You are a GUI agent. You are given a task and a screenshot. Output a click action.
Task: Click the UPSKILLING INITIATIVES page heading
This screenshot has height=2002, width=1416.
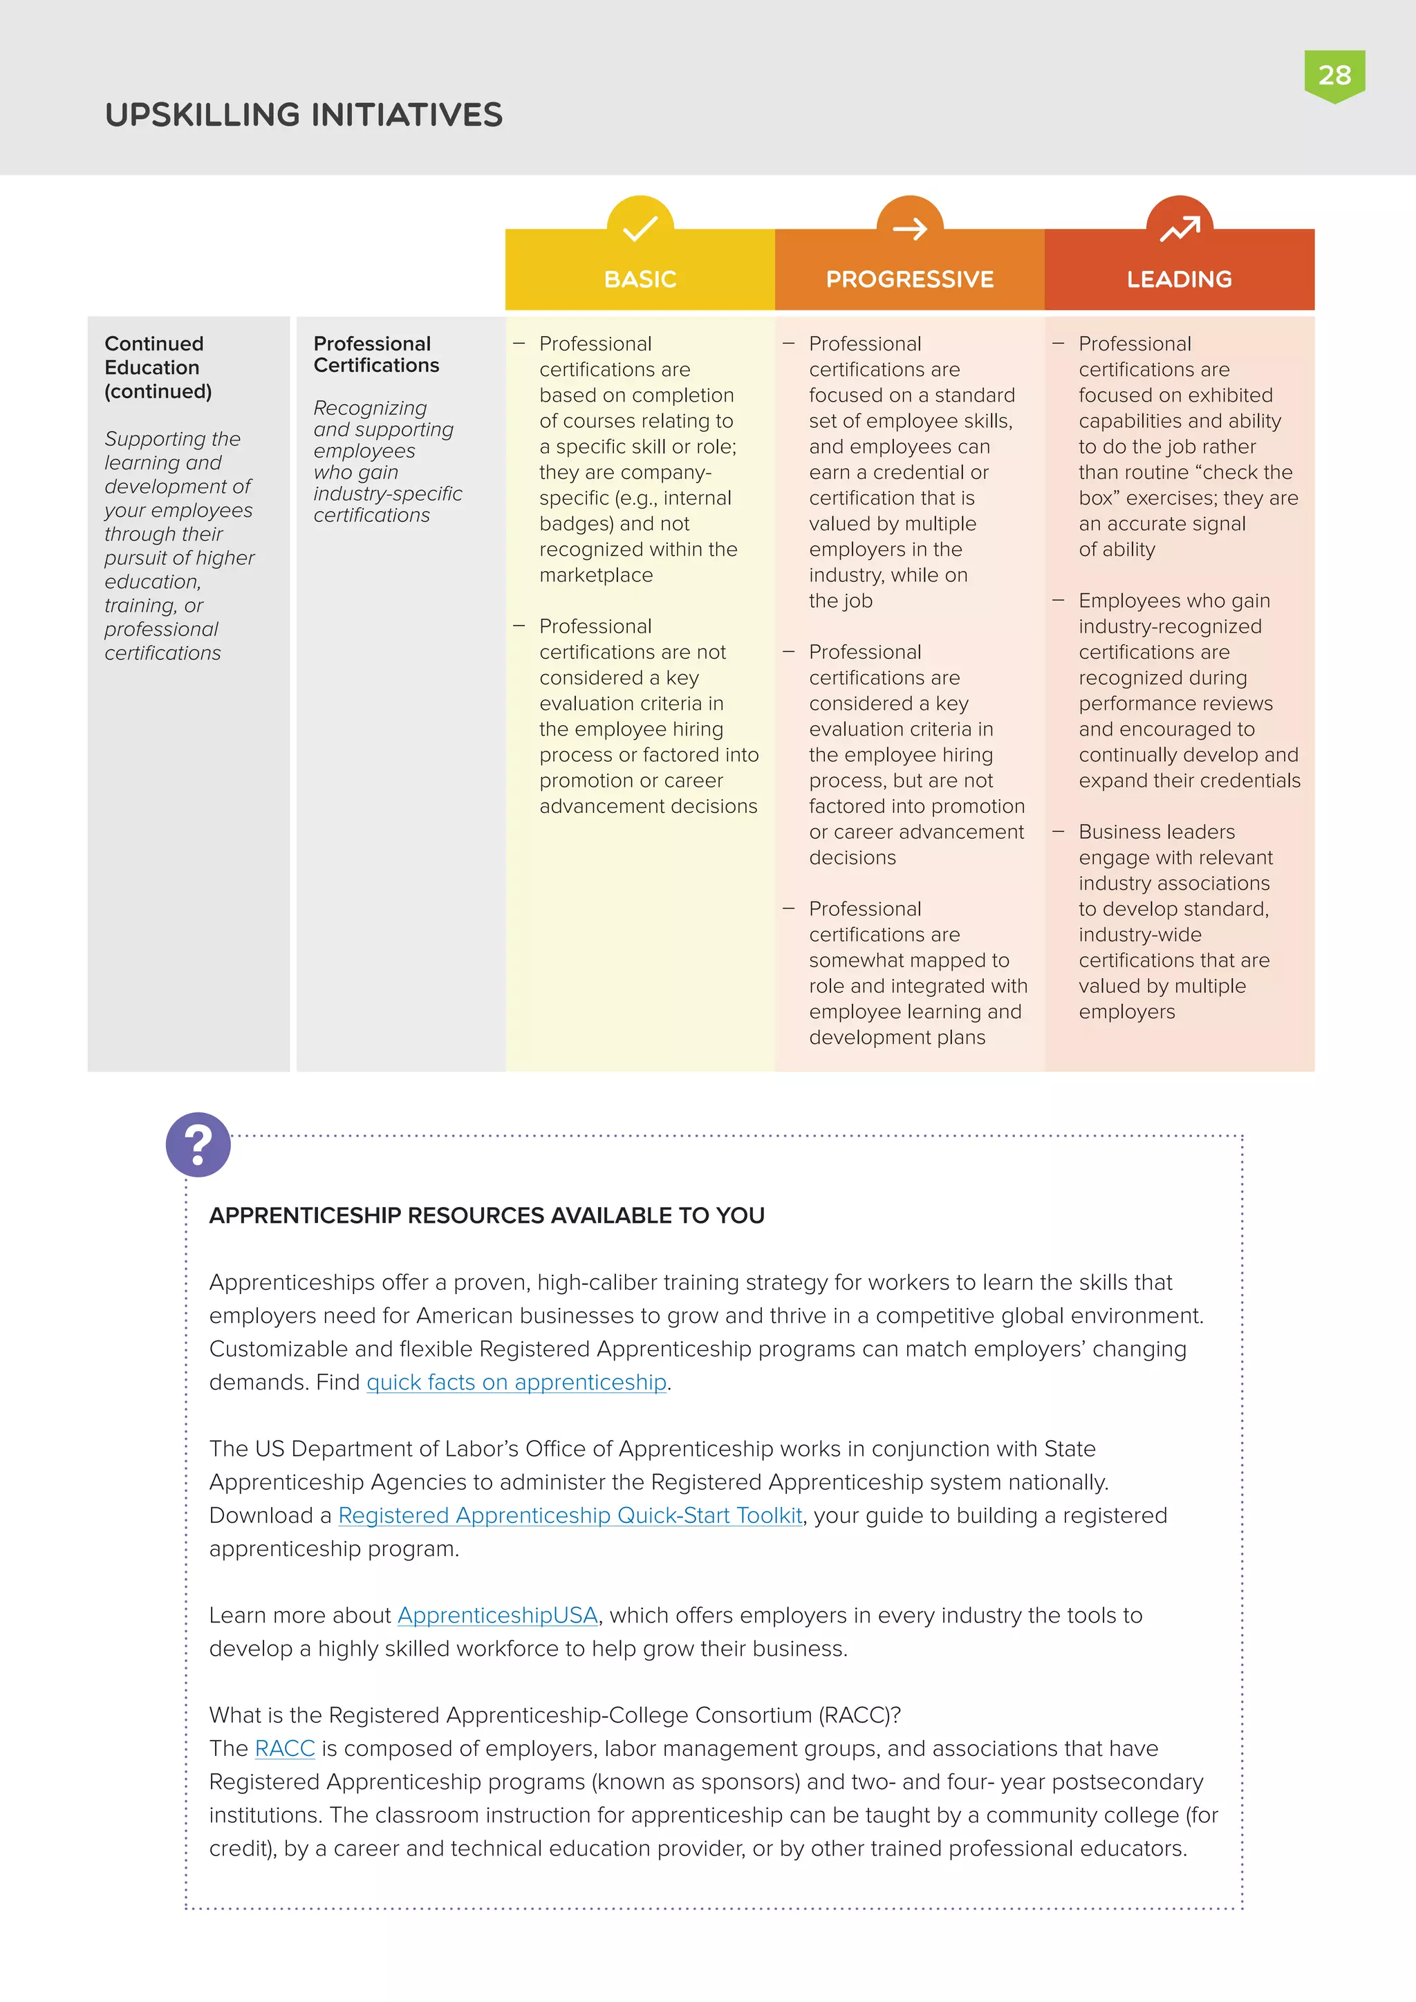click(x=304, y=115)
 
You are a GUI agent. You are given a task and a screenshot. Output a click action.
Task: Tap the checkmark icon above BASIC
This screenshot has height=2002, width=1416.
click(x=640, y=228)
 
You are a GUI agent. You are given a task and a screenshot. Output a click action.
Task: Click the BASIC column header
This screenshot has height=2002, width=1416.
click(x=640, y=279)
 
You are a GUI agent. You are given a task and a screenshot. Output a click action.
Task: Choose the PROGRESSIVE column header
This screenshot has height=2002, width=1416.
click(x=909, y=279)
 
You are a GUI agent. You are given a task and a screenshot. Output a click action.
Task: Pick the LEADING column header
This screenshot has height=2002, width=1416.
click(x=1179, y=279)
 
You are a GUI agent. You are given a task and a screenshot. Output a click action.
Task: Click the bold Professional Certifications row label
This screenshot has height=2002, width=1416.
click(x=376, y=354)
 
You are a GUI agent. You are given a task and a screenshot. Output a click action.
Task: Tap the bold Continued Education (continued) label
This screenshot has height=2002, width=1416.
click(x=158, y=367)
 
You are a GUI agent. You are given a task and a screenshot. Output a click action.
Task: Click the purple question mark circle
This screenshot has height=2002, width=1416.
click(x=198, y=1144)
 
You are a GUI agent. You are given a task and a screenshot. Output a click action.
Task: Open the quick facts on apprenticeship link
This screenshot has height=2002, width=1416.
click(x=516, y=1382)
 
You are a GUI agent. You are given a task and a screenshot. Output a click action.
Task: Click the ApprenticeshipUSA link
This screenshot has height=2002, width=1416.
click(x=497, y=1615)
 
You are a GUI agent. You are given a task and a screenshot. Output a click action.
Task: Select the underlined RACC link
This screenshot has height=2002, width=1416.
click(x=284, y=1748)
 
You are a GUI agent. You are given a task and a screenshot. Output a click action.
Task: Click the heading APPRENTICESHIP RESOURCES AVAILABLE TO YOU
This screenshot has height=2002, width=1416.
click(x=487, y=1215)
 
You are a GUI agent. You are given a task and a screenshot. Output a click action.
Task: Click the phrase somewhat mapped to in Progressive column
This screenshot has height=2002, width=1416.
click(x=909, y=960)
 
